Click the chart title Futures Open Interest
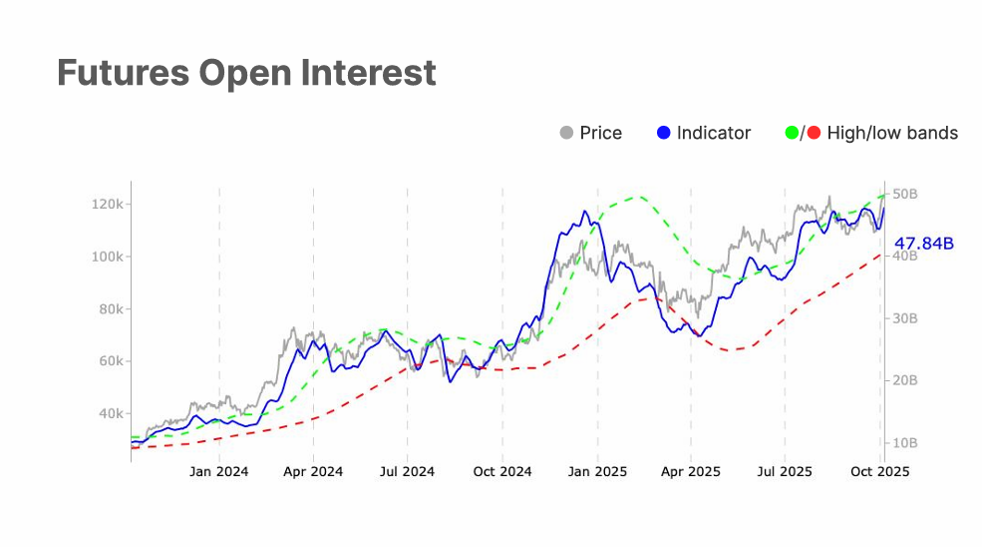pyautogui.click(x=246, y=73)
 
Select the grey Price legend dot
pyautogui.click(x=567, y=133)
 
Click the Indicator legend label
pyautogui.click(x=714, y=133)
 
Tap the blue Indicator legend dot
pyautogui.click(x=664, y=133)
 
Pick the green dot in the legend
pyautogui.click(x=794, y=133)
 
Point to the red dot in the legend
pyautogui.click(x=815, y=133)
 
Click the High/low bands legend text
pyautogui.click(x=892, y=133)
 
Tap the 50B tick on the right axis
pyautogui.click(x=904, y=194)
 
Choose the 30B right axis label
pyautogui.click(x=904, y=318)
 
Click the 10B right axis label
pyautogui.click(x=904, y=442)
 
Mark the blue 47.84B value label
pyautogui.click(x=924, y=243)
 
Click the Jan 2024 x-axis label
pyautogui.click(x=218, y=472)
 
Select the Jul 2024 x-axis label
pyautogui.click(x=407, y=472)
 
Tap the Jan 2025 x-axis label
pyautogui.click(x=597, y=472)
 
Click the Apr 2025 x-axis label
pyautogui.click(x=691, y=472)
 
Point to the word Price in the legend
pyautogui.click(x=601, y=133)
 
